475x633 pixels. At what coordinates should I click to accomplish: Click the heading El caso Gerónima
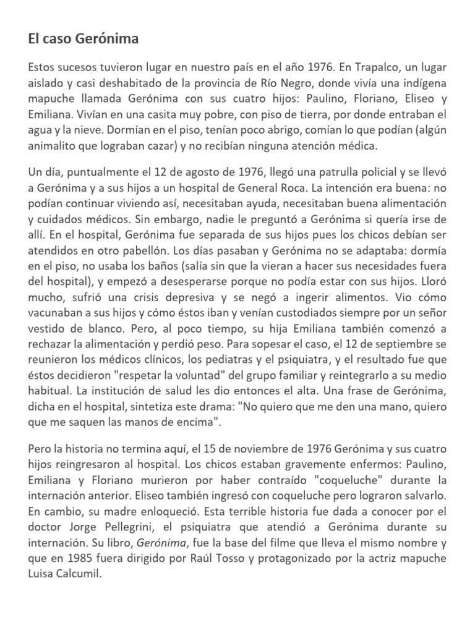pos(83,39)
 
